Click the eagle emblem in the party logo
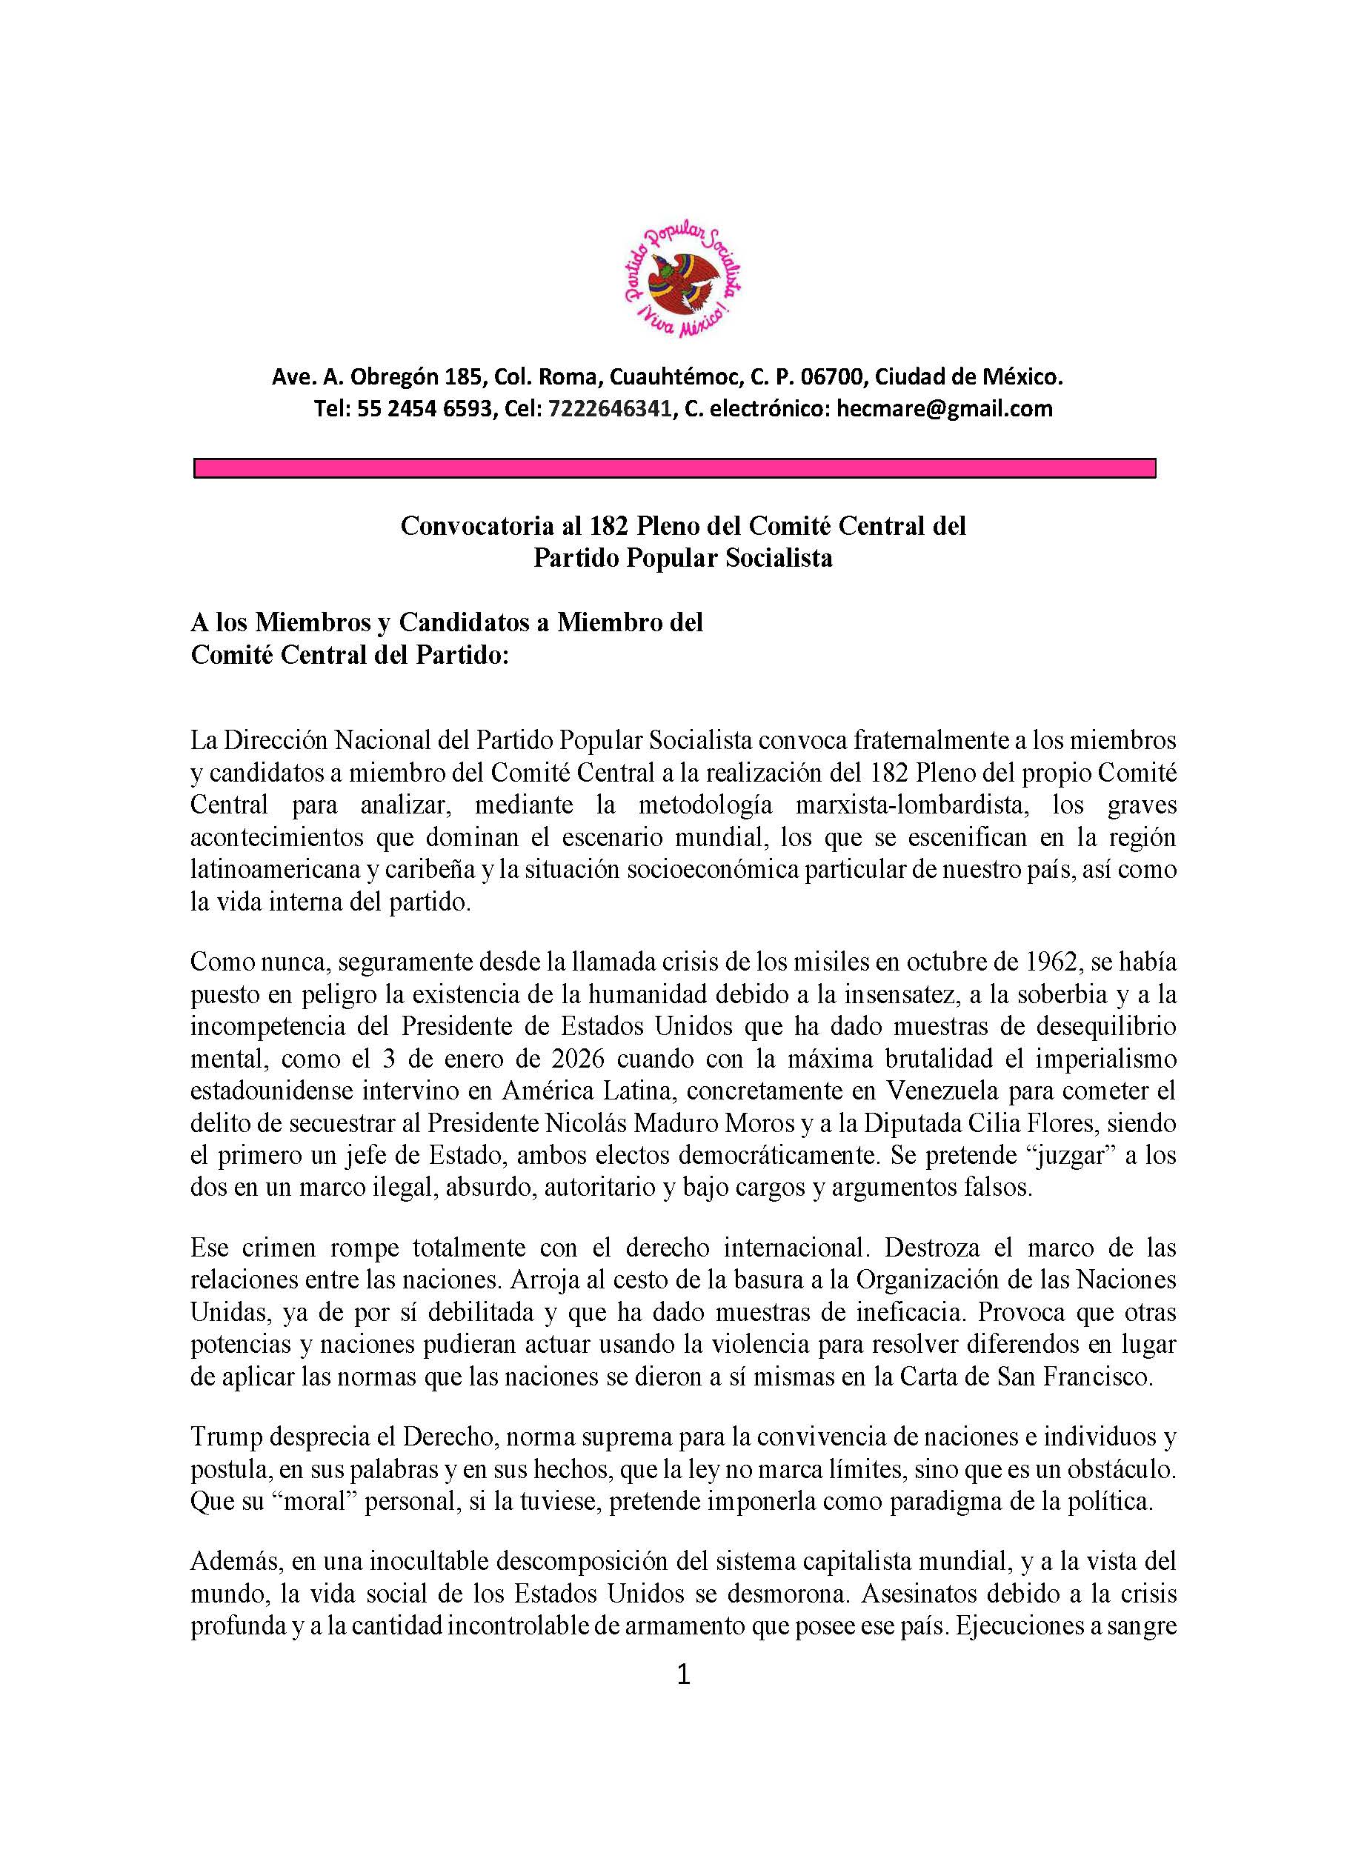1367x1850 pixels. point(683,282)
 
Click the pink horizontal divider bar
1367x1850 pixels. point(674,469)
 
